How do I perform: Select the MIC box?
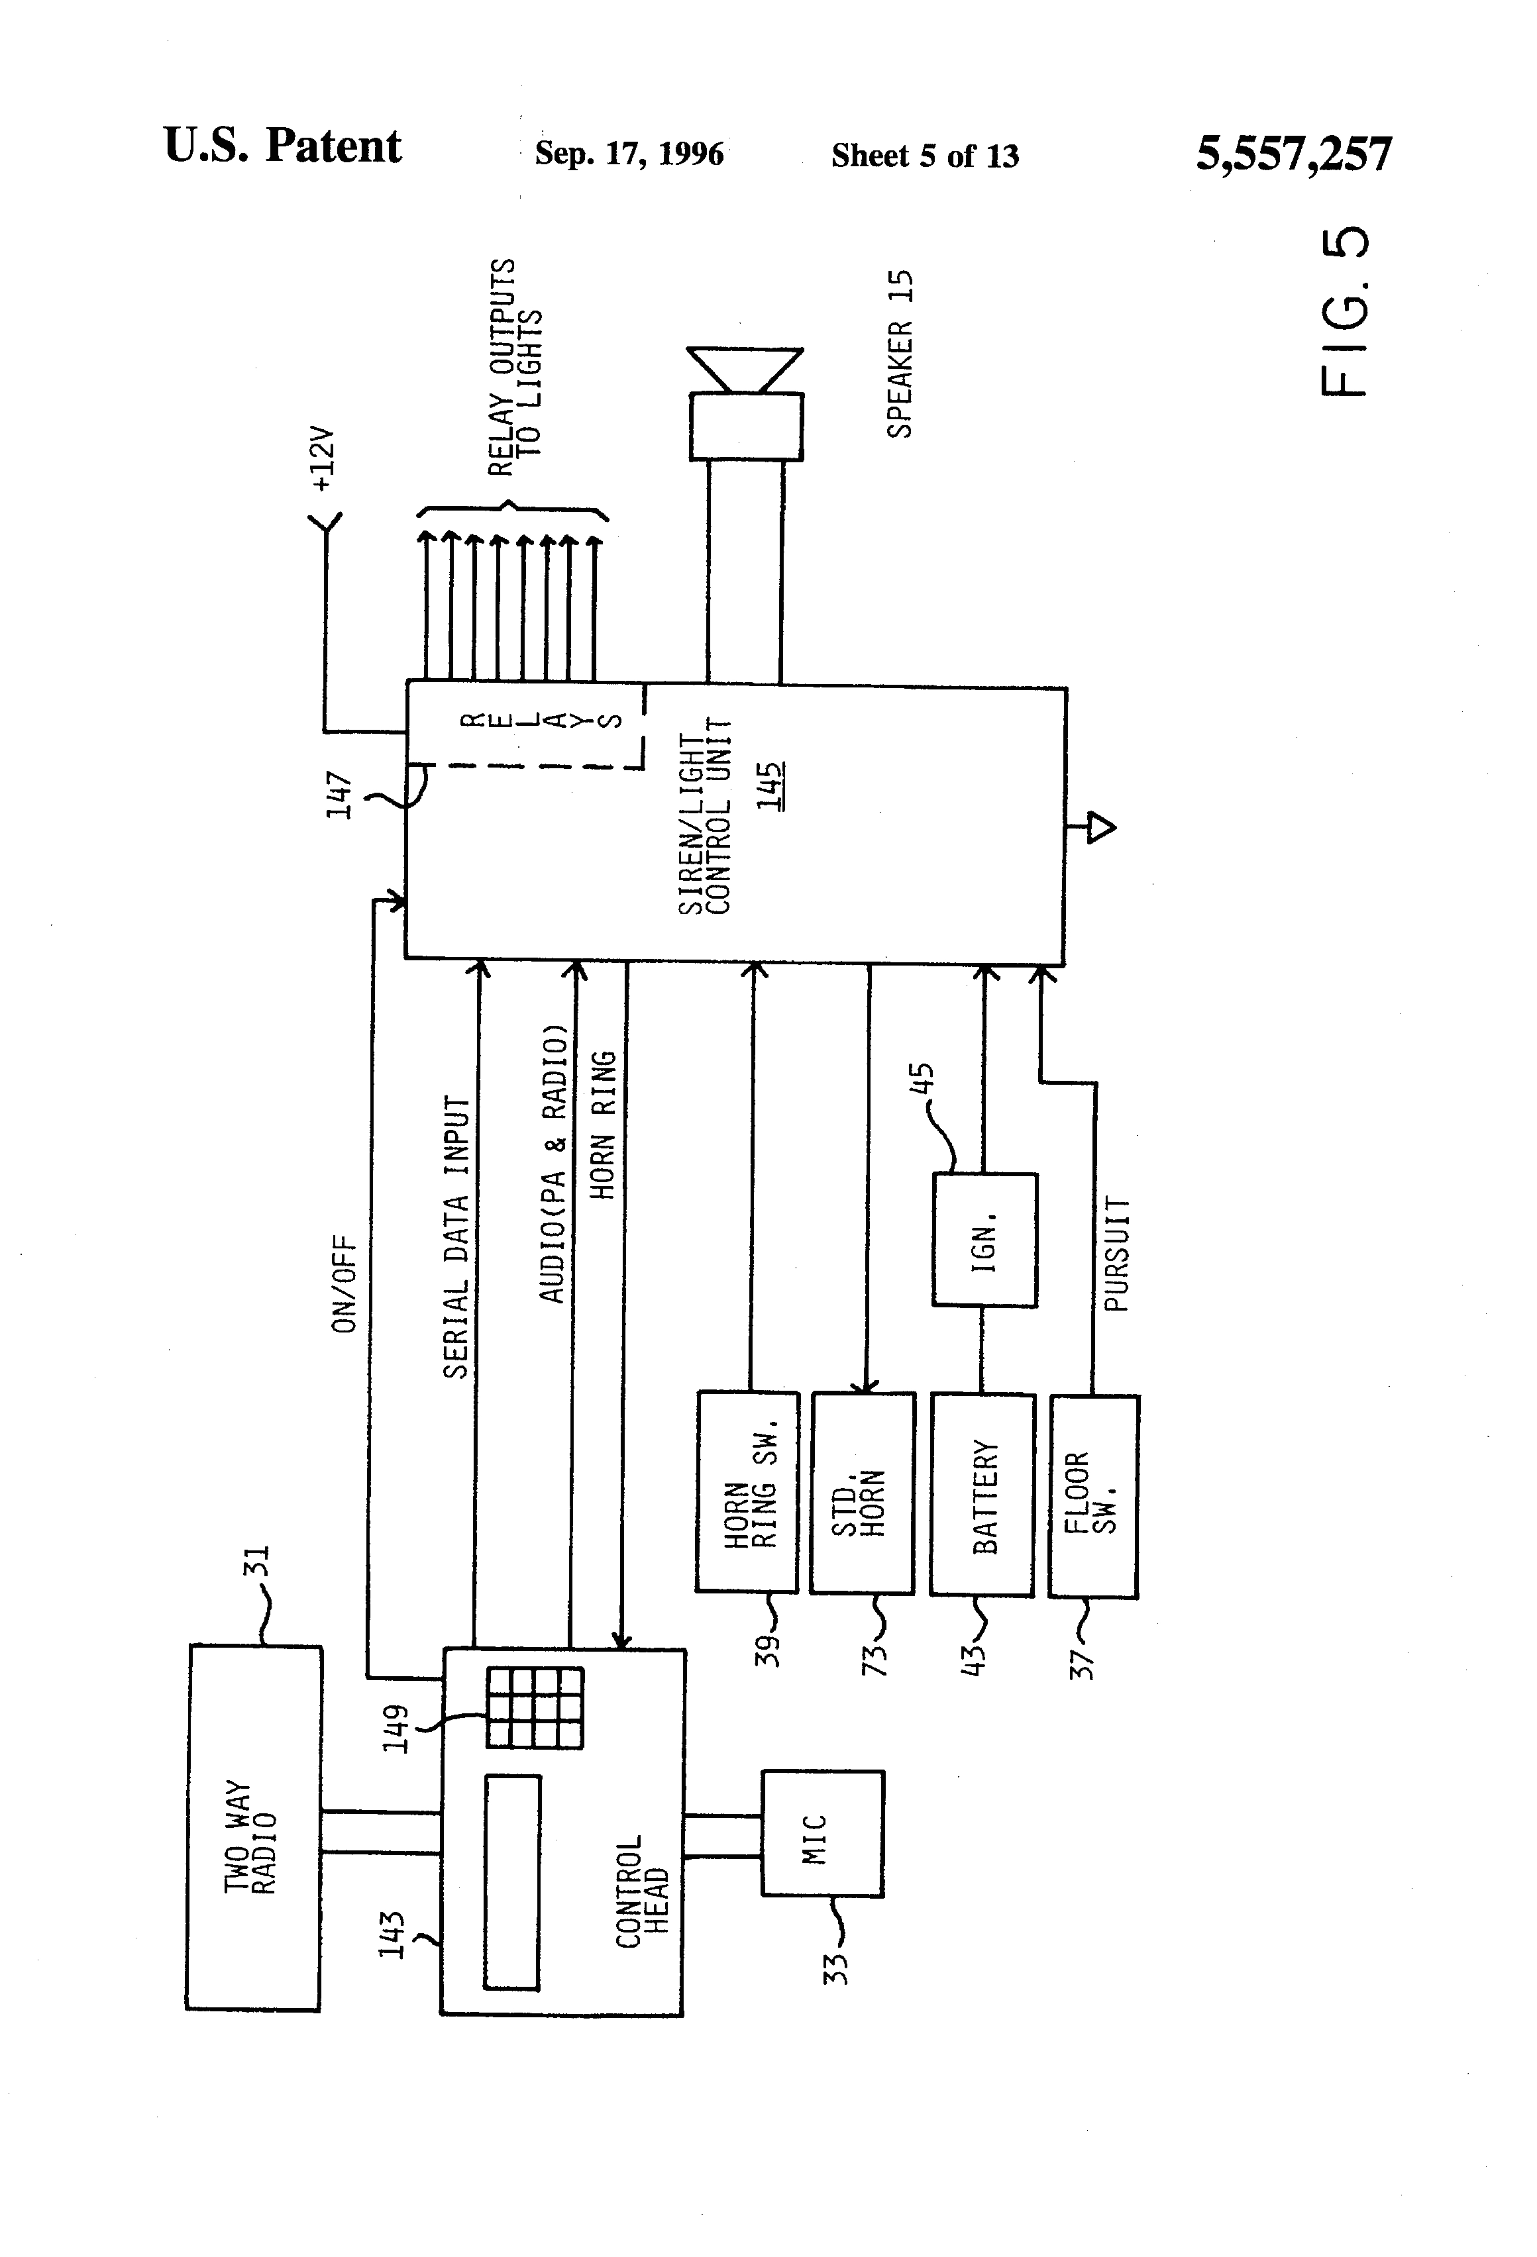tap(822, 1832)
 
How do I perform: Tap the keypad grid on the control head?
tap(535, 1707)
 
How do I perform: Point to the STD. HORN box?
tap(862, 1493)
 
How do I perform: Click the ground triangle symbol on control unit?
tap(1100, 827)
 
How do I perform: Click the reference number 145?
tap(770, 787)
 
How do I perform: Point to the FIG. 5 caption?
tap(1346, 312)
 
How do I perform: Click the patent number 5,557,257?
tap(1293, 154)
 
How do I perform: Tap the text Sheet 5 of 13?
tap(924, 156)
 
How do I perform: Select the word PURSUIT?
tap(1117, 1255)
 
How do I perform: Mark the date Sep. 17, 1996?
tap(629, 154)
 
